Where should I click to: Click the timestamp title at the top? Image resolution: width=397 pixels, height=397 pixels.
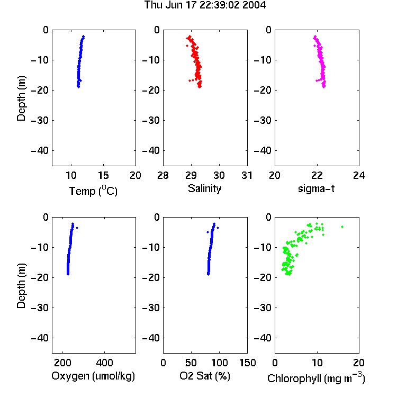coord(205,5)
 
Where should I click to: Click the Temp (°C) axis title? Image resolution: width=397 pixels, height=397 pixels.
coord(93,191)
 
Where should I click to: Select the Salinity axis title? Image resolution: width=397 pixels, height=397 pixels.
coord(204,188)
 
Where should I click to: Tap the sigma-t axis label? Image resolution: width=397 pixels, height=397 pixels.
coord(316,188)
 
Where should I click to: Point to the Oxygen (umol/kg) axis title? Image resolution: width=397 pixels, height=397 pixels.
coord(93,376)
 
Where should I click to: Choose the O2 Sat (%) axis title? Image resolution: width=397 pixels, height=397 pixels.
coord(205,376)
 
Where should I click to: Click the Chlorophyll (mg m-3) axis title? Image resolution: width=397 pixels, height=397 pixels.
coord(316,378)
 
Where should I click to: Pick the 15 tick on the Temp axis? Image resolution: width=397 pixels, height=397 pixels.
coord(103,175)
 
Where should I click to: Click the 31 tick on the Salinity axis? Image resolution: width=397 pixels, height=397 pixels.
coord(247,175)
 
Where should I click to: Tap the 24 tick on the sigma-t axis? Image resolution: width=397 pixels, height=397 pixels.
coord(359,175)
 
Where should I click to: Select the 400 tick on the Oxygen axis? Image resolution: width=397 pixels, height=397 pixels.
coord(105,363)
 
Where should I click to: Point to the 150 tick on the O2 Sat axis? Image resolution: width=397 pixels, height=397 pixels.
coord(247,363)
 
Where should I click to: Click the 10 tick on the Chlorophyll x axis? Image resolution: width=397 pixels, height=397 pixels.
coord(317,363)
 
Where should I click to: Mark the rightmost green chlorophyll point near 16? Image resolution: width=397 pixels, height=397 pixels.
coord(342,227)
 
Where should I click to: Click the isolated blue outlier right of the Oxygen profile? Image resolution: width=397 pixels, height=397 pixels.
coord(77,228)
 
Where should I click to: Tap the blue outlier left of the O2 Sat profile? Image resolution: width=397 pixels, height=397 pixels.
coord(207,232)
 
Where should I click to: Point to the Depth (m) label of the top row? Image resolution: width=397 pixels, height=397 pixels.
coord(21,98)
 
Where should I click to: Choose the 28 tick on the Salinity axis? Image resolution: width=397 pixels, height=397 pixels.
coord(163,175)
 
